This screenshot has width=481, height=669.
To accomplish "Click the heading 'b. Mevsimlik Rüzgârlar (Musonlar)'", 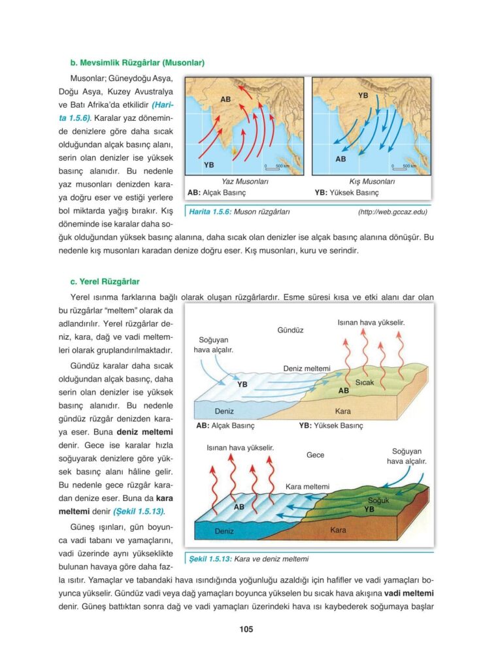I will click(x=137, y=63).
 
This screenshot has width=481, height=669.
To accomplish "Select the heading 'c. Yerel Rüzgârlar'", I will click(x=105, y=282).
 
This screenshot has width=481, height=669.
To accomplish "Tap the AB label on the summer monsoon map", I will click(x=225, y=99).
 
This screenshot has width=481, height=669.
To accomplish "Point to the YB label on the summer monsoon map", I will click(x=208, y=165).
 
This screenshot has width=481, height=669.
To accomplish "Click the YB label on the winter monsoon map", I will click(x=363, y=96).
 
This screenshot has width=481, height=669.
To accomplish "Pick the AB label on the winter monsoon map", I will click(x=341, y=159).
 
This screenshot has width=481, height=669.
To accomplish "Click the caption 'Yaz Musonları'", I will click(x=245, y=182).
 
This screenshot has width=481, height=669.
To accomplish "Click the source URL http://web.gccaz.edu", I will click(x=392, y=212).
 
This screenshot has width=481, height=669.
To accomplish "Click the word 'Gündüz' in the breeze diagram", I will click(x=291, y=331).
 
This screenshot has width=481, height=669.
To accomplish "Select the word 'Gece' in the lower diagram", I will click(x=315, y=455).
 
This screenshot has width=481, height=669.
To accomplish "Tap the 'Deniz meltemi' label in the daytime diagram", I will click(x=307, y=368).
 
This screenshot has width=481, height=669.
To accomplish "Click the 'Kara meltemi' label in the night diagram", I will click(x=308, y=487).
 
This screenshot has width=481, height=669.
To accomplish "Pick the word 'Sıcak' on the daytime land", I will click(x=365, y=382).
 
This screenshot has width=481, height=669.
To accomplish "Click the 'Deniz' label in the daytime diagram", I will click(x=224, y=412).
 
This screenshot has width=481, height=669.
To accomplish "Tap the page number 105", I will click(x=246, y=630).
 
